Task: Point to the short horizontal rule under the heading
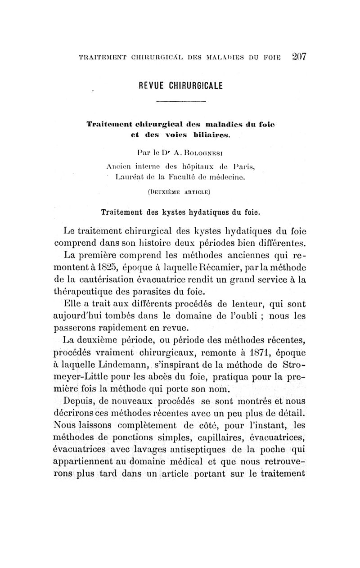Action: pyautogui.click(x=180, y=103)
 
